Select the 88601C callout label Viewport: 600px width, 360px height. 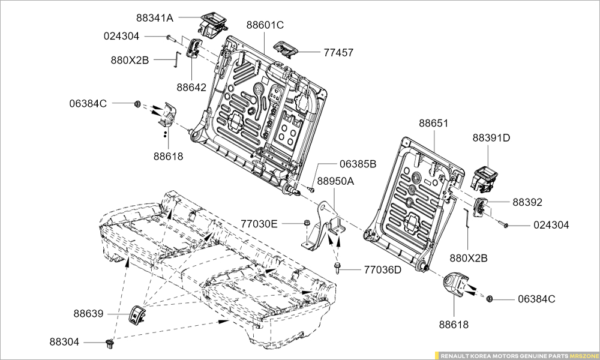coord(265,25)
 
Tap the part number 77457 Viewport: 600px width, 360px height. coord(338,53)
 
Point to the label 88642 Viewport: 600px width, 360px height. coord(191,87)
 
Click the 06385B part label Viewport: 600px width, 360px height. coord(358,163)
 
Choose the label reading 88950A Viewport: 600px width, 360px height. coord(335,181)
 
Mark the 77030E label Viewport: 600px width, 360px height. coord(259,224)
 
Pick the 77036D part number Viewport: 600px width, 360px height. coord(382,270)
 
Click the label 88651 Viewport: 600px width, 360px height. coord(433,123)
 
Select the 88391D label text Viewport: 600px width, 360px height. coord(491,137)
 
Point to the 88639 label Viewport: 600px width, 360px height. coord(89,313)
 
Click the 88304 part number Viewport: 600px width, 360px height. coord(64,342)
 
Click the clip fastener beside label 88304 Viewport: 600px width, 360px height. coord(109,343)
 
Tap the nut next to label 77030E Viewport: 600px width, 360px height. coord(307,224)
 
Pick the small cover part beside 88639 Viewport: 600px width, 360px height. coord(139,313)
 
